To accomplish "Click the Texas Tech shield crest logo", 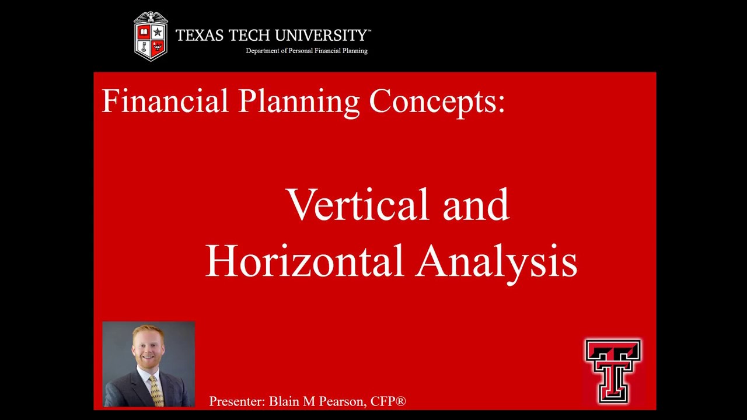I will point(151,36).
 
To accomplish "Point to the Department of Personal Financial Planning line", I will point(306,51).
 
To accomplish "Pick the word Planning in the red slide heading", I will point(299,101).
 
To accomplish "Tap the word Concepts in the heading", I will point(433,101).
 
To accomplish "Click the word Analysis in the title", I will point(497,261).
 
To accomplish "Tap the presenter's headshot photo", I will point(149,364).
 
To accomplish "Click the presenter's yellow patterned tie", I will point(155,391).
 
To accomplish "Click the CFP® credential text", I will point(388,401).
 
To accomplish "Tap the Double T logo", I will point(613,371).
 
